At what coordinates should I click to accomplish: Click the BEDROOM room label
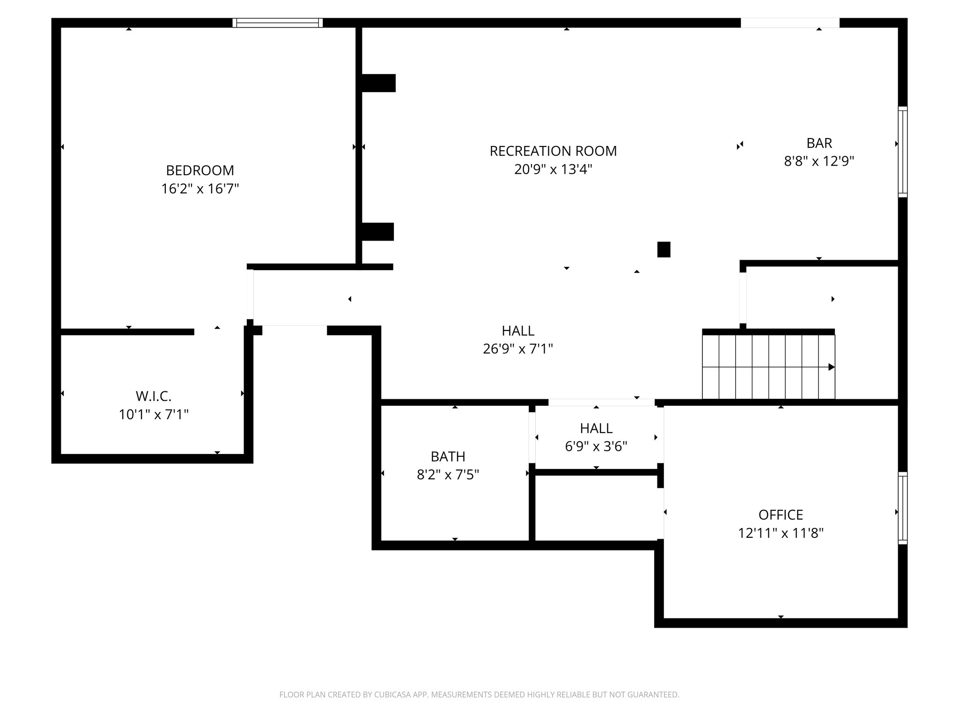click(x=200, y=170)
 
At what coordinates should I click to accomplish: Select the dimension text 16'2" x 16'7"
click(x=200, y=189)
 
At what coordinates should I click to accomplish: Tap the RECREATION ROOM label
click(x=553, y=151)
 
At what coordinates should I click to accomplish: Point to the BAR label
click(x=819, y=143)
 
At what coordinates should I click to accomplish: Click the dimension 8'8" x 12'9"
click(x=819, y=161)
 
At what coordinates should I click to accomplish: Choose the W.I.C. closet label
click(x=154, y=396)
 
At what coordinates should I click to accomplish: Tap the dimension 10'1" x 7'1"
click(x=154, y=415)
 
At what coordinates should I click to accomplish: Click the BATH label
click(x=448, y=456)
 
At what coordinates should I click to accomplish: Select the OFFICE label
click(x=781, y=515)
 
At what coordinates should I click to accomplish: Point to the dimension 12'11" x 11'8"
click(x=781, y=533)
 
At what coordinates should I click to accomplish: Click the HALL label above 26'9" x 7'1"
click(x=518, y=331)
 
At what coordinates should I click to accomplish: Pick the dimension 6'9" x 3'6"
click(x=596, y=447)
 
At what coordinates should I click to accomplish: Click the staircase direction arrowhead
click(x=831, y=367)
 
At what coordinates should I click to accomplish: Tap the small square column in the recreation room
click(x=664, y=249)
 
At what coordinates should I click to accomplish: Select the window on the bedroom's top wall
click(x=278, y=23)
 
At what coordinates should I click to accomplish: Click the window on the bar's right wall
click(x=902, y=152)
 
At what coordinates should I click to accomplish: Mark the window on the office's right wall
click(x=902, y=508)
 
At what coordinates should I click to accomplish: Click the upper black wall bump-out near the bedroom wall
click(x=378, y=83)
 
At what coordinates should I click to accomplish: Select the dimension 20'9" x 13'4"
click(x=553, y=169)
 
